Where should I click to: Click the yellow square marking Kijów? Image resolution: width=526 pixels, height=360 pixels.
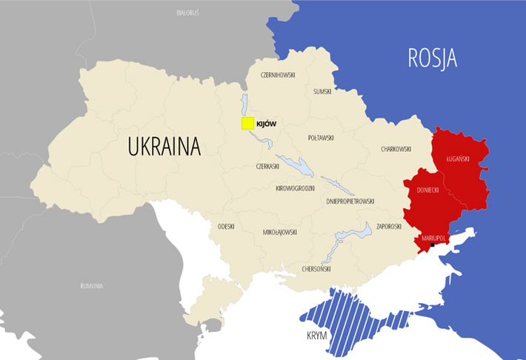247,123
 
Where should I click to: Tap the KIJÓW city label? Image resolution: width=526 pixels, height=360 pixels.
266,124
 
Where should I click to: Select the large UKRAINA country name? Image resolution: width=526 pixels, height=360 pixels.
164,146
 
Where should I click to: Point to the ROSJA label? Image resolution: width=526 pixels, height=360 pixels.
432,59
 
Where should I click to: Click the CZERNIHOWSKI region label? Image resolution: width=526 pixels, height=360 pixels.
278,75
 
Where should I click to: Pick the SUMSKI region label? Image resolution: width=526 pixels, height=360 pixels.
322,91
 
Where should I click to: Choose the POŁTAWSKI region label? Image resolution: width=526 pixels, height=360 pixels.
321,138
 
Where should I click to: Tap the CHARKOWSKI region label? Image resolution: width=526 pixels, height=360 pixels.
396,149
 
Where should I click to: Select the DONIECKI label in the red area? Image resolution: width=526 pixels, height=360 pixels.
427,190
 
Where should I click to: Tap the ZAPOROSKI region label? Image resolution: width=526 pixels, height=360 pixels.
389,226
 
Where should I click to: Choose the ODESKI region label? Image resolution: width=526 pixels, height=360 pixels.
226,226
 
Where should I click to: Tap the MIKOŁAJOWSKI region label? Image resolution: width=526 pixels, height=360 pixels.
280,232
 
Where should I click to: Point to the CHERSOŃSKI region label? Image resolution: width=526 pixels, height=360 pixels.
317,269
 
